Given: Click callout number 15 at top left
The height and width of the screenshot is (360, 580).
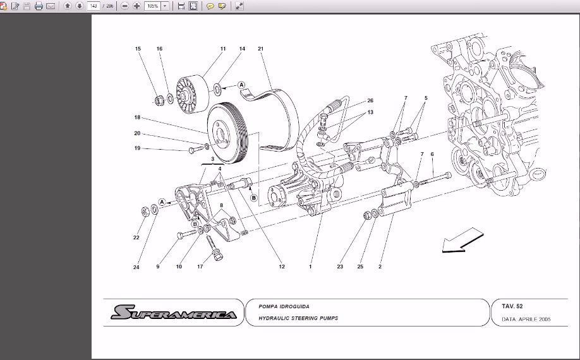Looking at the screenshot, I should click(x=138, y=49).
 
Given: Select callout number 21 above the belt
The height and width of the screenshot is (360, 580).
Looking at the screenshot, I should click(x=260, y=49).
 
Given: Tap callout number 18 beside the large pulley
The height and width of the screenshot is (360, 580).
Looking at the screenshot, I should click(x=136, y=117).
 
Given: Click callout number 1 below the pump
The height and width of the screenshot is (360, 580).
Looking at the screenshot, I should click(x=310, y=267).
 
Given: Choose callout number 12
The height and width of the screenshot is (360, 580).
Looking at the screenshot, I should click(x=282, y=267).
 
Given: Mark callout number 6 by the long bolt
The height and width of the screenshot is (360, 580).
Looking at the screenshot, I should click(x=432, y=154).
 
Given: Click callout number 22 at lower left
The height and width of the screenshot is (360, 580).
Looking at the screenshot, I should click(x=136, y=238).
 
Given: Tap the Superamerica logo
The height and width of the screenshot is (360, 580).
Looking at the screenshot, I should click(x=174, y=313).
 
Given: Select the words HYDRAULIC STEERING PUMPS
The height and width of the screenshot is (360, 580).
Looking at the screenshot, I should click(x=298, y=318).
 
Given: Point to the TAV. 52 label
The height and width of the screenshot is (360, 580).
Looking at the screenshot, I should click(x=512, y=306).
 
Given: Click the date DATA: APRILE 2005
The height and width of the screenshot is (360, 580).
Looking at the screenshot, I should click(x=526, y=320).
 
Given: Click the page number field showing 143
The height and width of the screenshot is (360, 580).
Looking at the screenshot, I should click(x=94, y=6).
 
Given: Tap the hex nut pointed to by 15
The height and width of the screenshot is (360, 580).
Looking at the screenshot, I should click(x=159, y=99).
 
